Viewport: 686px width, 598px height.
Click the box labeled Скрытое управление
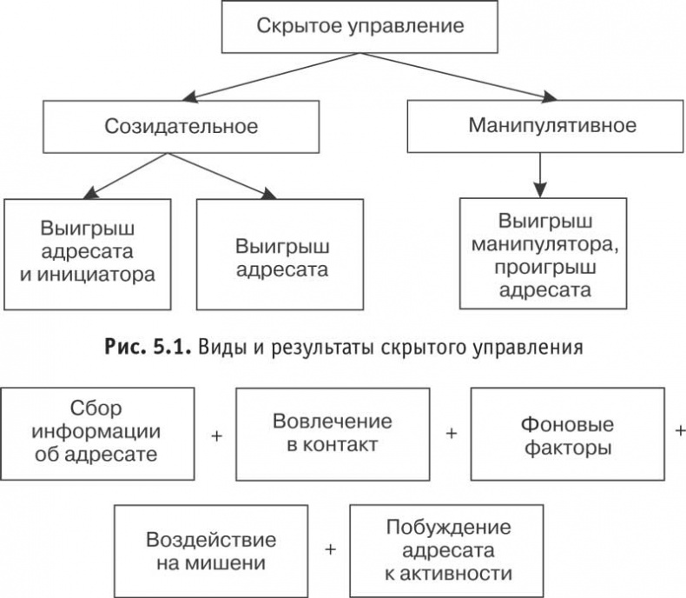(359, 26)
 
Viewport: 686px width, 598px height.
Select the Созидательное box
(181, 126)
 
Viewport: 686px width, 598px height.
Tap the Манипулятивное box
(552, 125)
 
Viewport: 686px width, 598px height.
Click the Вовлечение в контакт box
(333, 433)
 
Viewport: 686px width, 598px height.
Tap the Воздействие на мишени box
(212, 549)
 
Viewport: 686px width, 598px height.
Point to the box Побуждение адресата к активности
(447, 549)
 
